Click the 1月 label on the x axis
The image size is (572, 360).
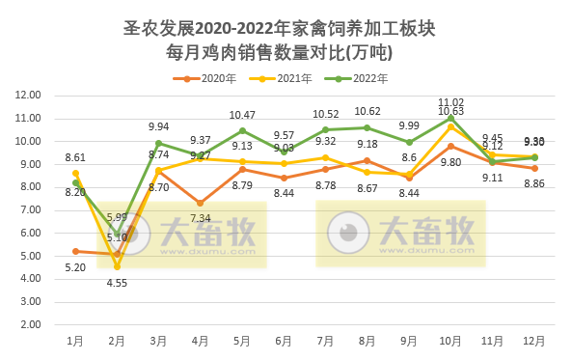tap(74, 341)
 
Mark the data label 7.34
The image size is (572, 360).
tap(200, 219)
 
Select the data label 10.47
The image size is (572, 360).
tap(242, 115)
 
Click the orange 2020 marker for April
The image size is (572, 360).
tap(200, 203)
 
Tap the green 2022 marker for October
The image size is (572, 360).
tap(450, 118)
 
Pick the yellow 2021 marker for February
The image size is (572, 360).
tap(117, 266)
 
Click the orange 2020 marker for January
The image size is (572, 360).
tap(75, 251)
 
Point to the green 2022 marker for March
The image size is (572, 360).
tap(158, 143)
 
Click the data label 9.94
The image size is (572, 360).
tap(158, 126)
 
